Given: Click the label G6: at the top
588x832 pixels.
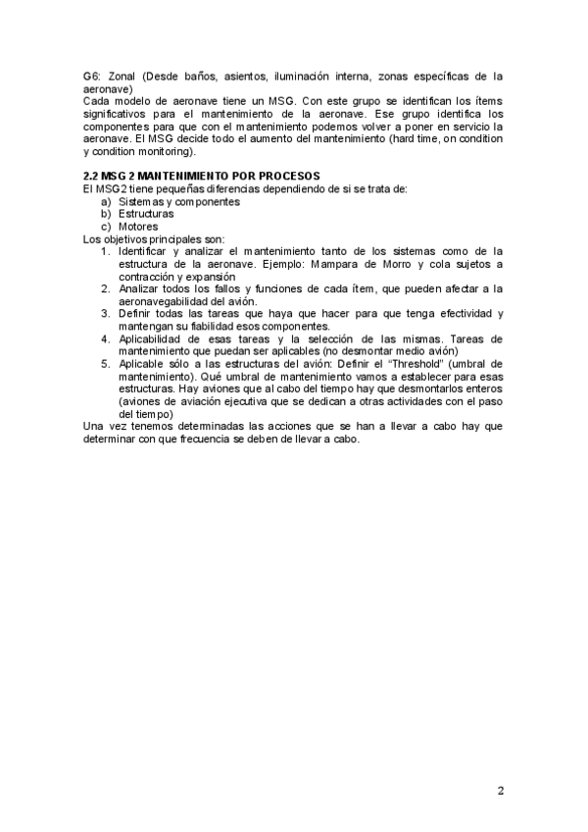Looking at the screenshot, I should click(x=92, y=76).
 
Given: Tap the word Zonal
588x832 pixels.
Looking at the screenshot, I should click(x=124, y=76).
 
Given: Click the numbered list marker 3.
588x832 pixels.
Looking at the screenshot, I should click(x=106, y=314).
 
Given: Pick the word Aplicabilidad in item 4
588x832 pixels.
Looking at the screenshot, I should click(x=156, y=338).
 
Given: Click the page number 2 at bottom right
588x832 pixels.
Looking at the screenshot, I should click(x=500, y=791).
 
